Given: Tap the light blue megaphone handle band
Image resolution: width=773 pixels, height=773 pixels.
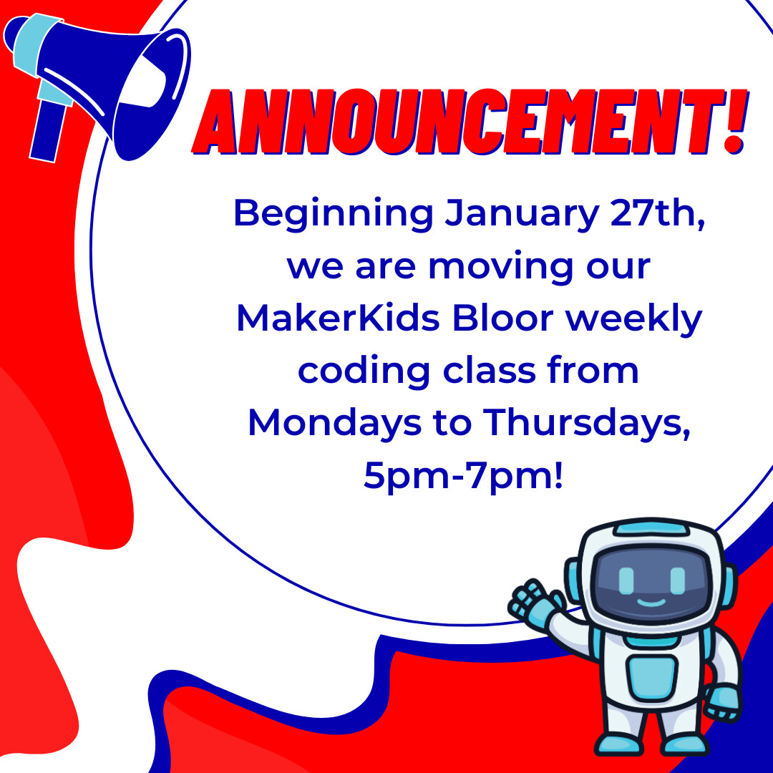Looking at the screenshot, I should (x=32, y=57).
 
